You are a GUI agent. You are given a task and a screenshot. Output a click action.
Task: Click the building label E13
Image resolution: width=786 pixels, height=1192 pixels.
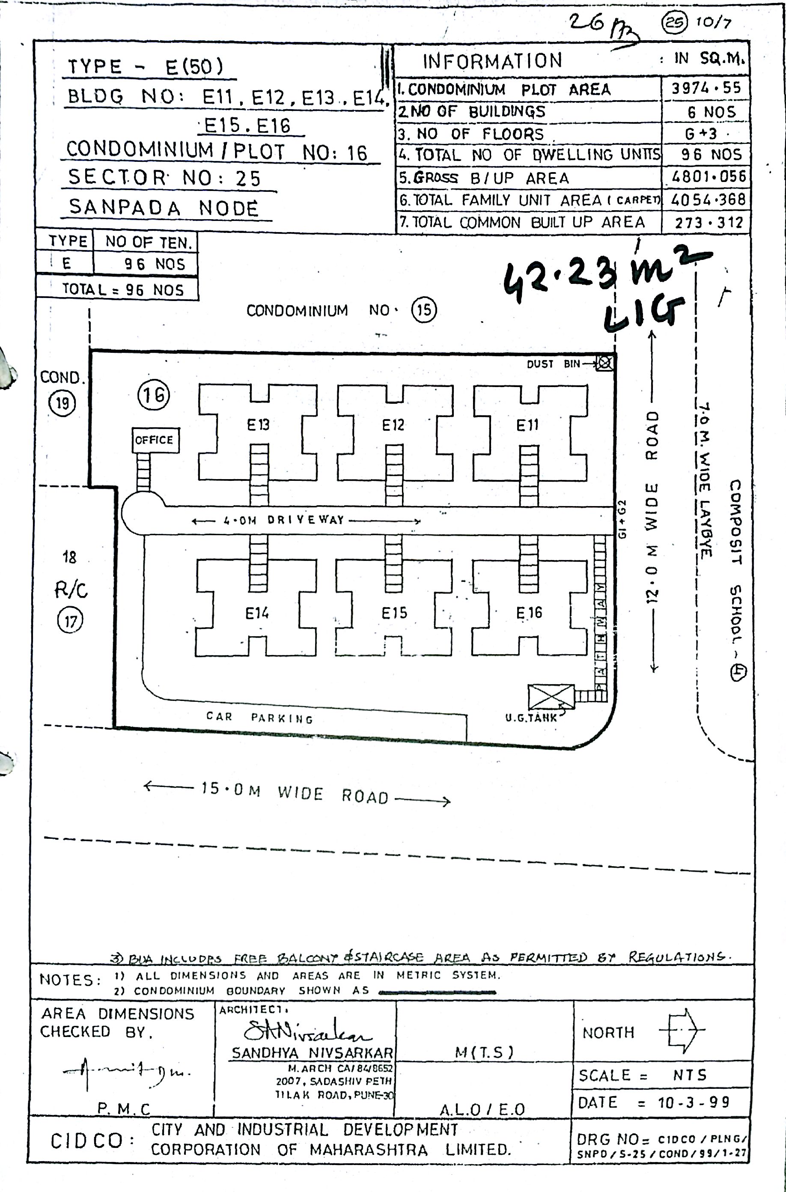tap(258, 425)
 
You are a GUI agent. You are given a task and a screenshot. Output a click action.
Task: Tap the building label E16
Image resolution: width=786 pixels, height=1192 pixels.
tap(529, 613)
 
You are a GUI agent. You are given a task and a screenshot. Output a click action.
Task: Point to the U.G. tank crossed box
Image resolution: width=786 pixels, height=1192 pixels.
tap(551, 697)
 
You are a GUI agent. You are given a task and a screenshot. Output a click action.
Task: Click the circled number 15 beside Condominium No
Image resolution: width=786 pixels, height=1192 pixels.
tap(424, 310)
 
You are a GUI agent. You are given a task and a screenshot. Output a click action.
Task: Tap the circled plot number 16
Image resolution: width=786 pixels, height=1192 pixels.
tap(153, 395)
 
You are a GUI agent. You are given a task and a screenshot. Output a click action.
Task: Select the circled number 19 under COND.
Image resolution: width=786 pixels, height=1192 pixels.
tap(62, 402)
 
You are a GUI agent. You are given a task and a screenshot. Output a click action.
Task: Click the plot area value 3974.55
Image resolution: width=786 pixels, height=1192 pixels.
tap(706, 88)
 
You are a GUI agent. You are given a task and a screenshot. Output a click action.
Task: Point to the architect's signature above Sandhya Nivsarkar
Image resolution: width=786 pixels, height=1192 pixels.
tap(306, 1031)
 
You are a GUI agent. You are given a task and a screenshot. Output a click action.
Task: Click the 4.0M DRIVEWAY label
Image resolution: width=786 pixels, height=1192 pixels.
tap(306, 520)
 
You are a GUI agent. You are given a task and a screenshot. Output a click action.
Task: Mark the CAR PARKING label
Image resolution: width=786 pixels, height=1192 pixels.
tap(260, 717)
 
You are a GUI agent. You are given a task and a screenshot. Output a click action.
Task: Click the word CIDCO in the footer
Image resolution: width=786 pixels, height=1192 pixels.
tap(86, 1141)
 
